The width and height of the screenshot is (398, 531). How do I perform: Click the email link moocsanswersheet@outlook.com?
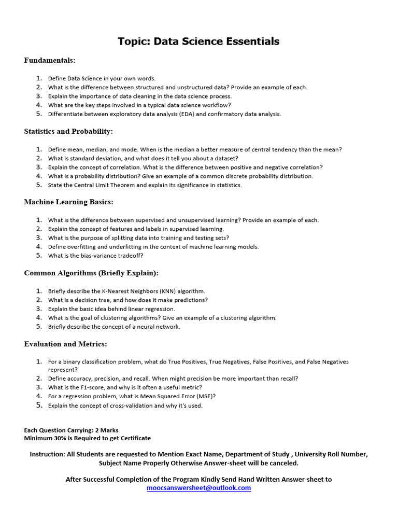coord(199,488)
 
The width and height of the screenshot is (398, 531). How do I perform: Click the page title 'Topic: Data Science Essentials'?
coord(198,41)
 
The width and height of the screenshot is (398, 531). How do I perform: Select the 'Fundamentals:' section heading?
coord(50,61)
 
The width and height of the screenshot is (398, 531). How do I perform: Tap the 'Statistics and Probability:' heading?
coord(68,132)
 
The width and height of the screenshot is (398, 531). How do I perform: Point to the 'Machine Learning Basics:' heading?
coord(68,202)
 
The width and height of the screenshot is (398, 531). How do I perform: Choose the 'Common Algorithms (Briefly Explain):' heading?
coord(91,273)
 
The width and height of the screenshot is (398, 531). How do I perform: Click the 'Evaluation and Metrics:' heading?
coord(65,344)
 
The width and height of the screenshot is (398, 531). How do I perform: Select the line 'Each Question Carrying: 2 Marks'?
coord(71,430)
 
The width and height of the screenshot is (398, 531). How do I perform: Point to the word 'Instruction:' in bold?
coord(47,454)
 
